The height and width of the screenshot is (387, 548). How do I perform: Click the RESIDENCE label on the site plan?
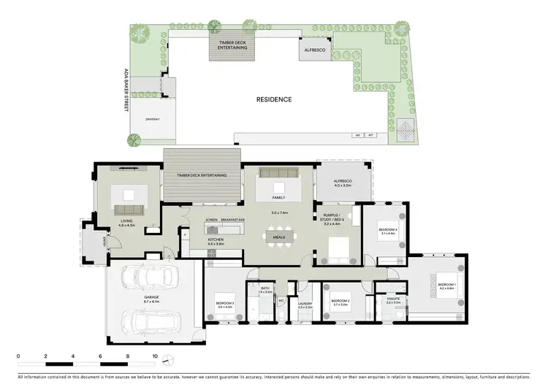pos(274,99)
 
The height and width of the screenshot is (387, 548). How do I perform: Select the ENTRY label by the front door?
pos(105,241)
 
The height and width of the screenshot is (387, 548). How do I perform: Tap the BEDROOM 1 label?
pos(446,286)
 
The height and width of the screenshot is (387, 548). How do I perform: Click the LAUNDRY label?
pos(305,305)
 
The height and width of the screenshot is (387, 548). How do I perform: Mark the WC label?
pos(281,300)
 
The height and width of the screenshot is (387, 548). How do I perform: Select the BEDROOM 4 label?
pos(387,231)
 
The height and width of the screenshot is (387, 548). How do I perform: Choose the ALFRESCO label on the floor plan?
pos(343,181)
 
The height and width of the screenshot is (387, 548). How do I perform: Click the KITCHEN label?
pos(216,241)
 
